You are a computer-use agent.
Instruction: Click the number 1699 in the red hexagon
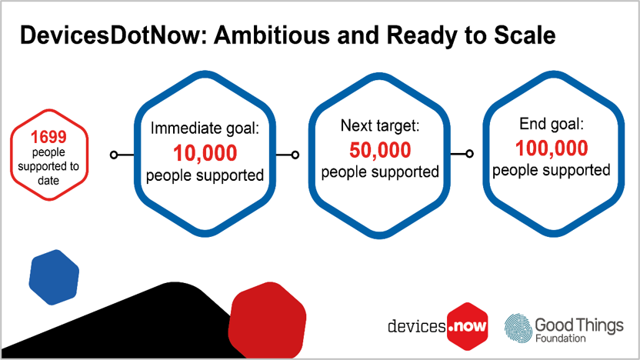(x=49, y=138)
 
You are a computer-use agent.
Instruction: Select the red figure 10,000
(x=205, y=152)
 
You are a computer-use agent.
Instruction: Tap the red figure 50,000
(x=380, y=149)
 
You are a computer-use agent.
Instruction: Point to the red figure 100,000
(x=552, y=147)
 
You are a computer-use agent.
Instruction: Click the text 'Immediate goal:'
(x=205, y=128)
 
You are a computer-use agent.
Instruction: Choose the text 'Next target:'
(x=380, y=126)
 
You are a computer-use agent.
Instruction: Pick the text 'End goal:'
(x=552, y=123)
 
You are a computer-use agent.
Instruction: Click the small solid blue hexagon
(x=54, y=275)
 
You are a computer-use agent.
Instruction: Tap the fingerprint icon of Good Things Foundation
(x=518, y=327)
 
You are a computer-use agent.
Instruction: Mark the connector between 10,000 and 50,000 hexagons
(x=289, y=155)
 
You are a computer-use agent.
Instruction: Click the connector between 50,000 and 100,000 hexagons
(x=464, y=154)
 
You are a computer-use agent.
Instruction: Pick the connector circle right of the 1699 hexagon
(x=115, y=155)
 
